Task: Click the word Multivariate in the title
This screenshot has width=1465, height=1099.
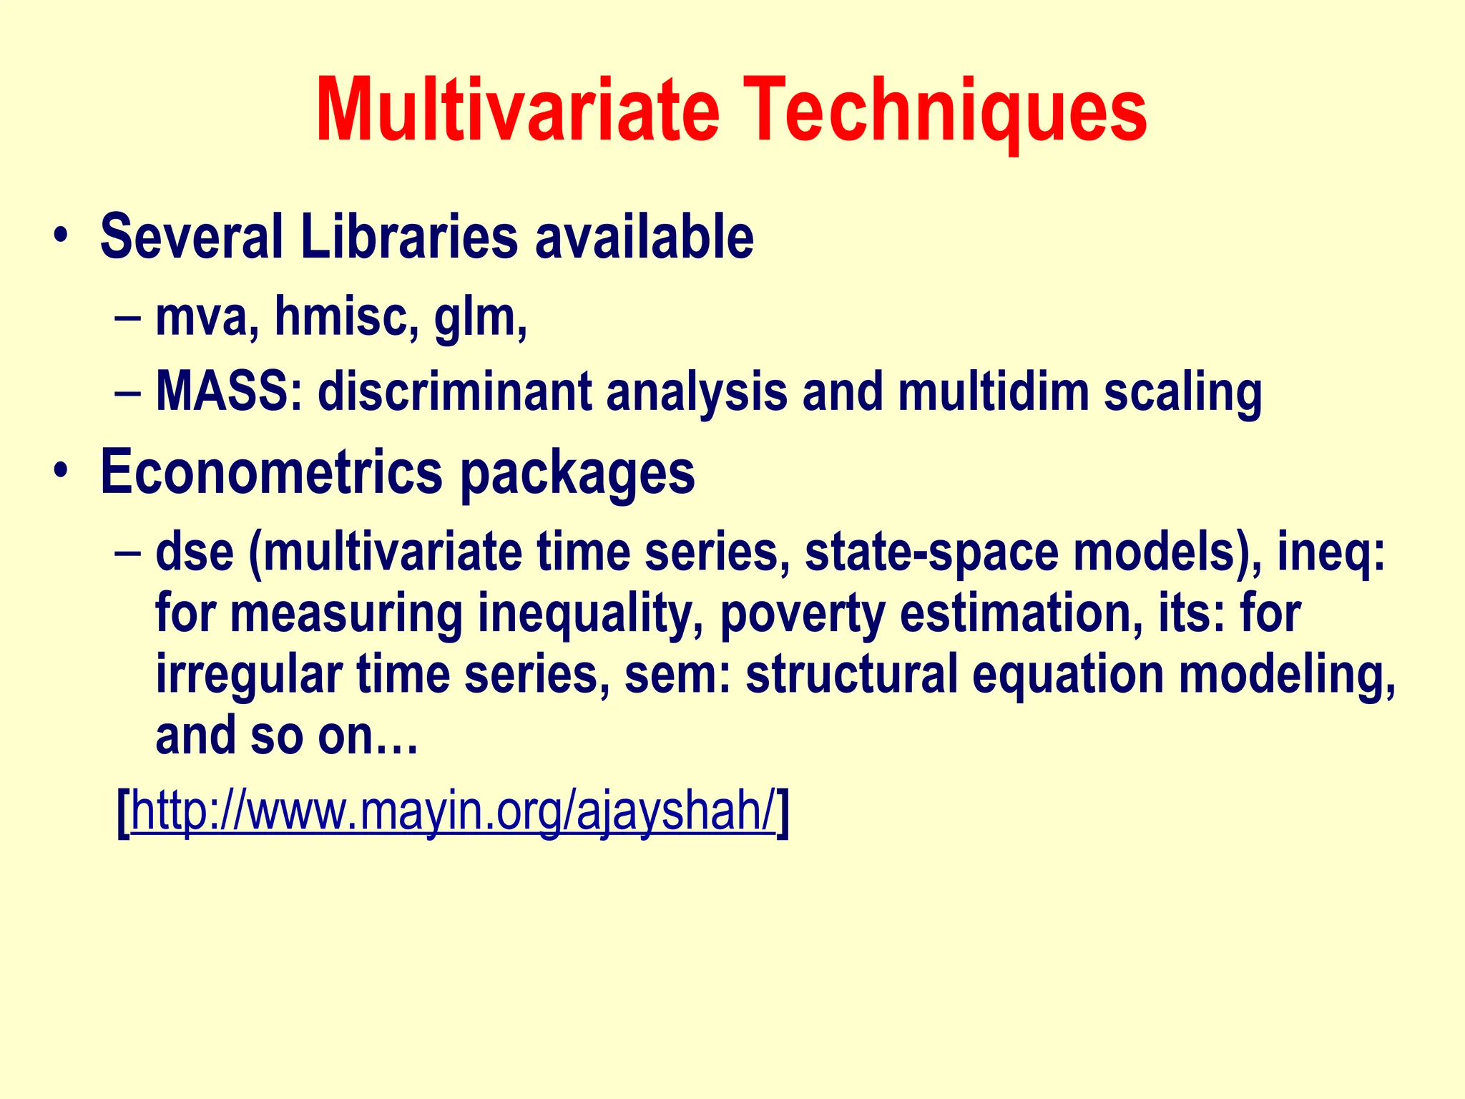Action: [517, 112]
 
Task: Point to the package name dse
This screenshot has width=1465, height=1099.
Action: [195, 552]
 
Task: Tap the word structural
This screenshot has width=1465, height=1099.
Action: [851, 674]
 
